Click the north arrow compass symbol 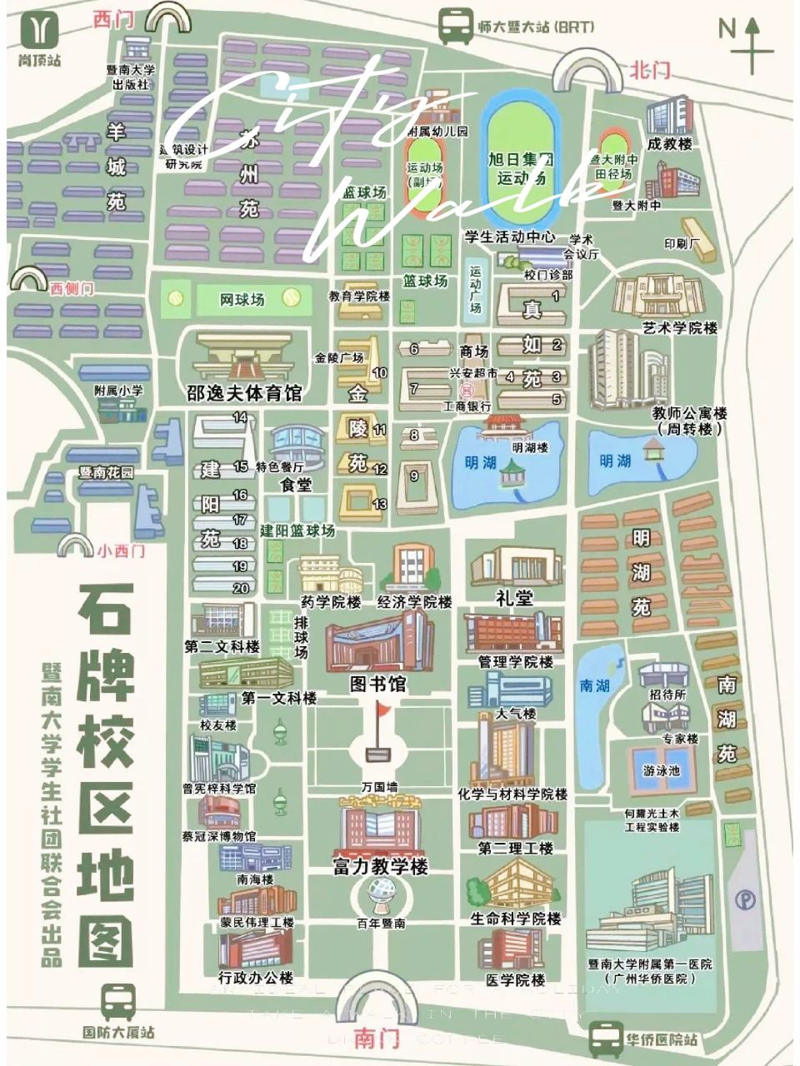[x=753, y=43]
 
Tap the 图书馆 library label [x=377, y=684]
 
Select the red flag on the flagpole [x=382, y=710]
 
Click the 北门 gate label [x=650, y=70]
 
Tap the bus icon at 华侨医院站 [x=606, y=1039]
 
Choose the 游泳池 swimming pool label [x=661, y=771]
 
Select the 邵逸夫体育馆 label [x=244, y=393]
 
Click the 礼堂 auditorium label [x=514, y=597]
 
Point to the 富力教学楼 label [x=380, y=867]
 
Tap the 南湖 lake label [x=596, y=686]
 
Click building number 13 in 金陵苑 [x=380, y=504]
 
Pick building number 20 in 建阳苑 [x=241, y=588]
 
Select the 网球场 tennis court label [x=242, y=299]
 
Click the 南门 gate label [x=377, y=1039]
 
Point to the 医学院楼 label [x=515, y=980]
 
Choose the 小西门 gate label [x=121, y=550]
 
